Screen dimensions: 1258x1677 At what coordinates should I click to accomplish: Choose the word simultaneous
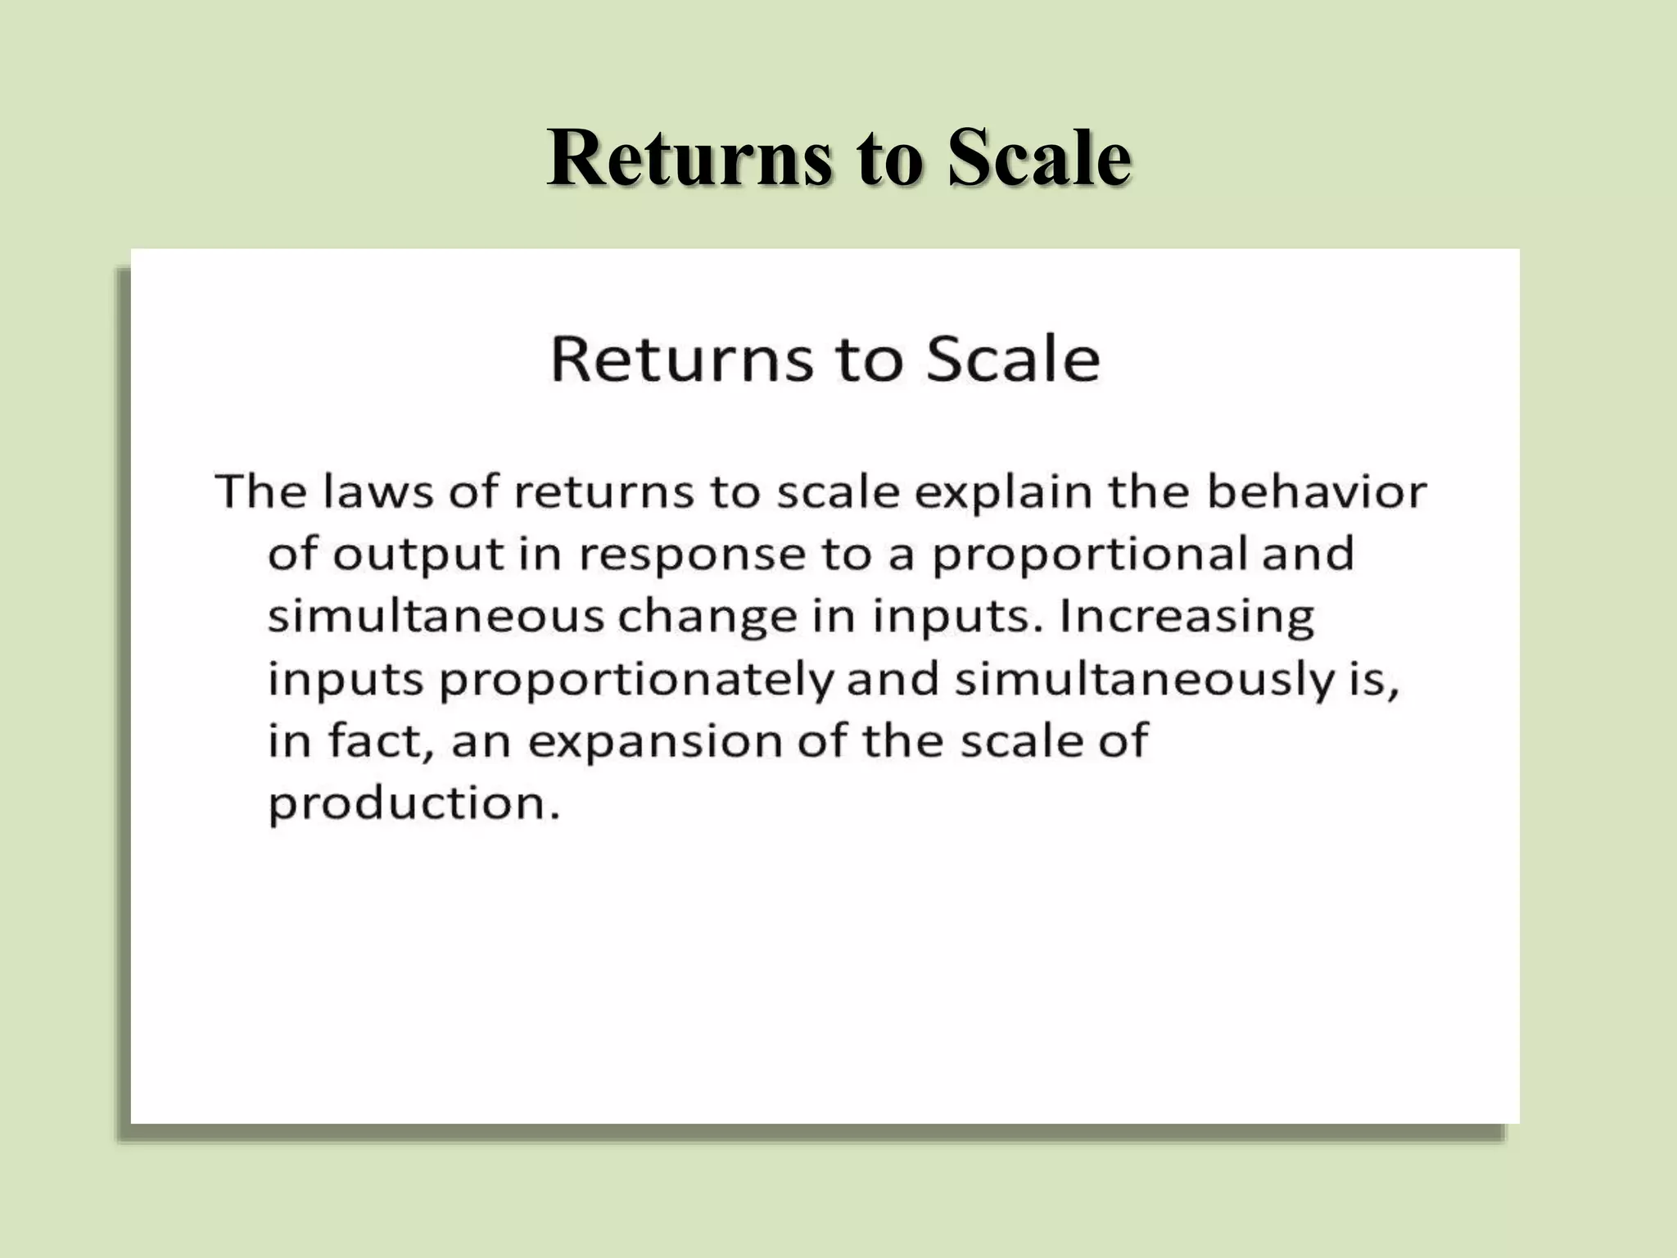[x=436, y=616]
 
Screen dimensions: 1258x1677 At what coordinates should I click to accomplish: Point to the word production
[x=414, y=804]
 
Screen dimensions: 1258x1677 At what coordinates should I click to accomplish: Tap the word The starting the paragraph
[x=262, y=491]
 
